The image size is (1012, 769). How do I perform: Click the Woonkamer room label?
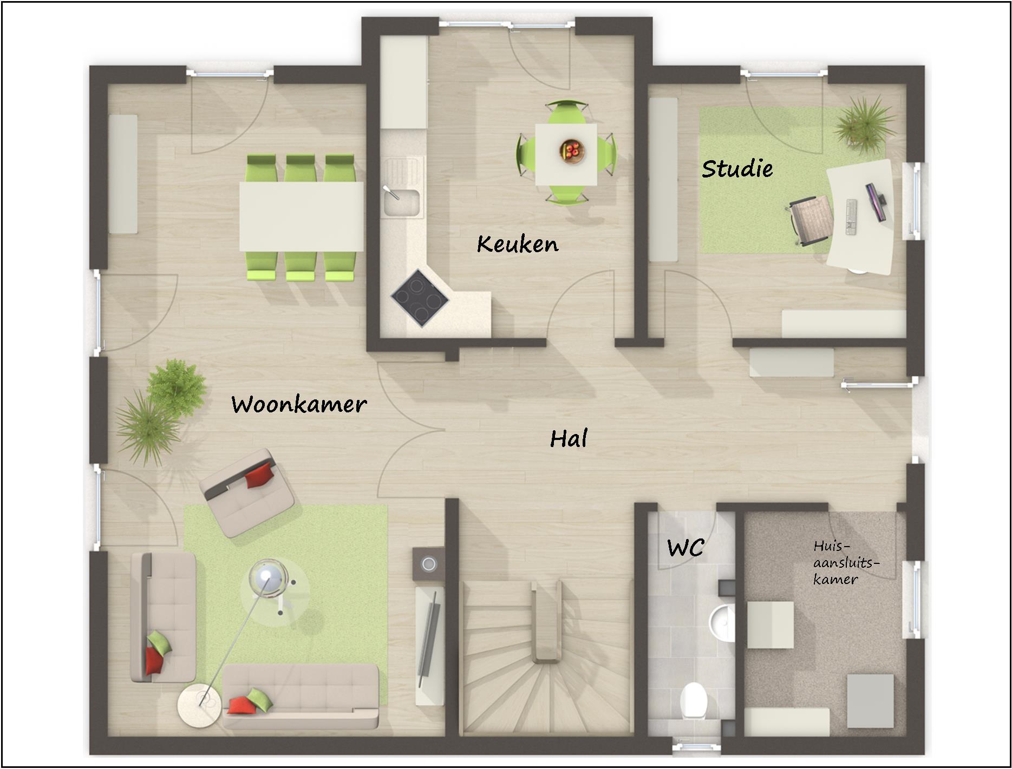(x=299, y=404)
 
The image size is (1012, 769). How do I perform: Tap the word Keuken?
(x=518, y=244)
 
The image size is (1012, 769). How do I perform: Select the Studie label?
(x=737, y=168)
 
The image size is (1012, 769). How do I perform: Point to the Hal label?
(x=569, y=438)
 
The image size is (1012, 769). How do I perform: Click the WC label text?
(x=685, y=548)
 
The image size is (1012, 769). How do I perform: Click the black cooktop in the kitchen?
(x=420, y=298)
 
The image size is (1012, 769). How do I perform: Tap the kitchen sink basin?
(x=401, y=202)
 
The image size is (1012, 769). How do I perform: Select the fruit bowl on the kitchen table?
(x=572, y=150)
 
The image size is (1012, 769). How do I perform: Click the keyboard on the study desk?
(x=851, y=217)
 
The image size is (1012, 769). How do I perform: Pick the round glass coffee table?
(x=275, y=590)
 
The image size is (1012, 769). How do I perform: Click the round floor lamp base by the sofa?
(x=199, y=706)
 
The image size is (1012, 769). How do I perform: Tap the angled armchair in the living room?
(x=246, y=492)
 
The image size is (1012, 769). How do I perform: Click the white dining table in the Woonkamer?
(x=302, y=217)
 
